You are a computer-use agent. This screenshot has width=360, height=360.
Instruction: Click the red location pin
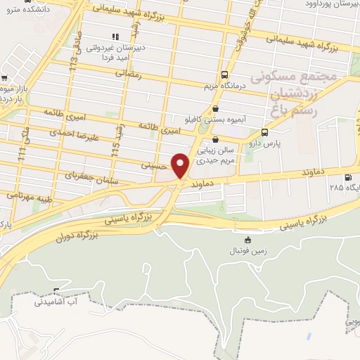pos(181,165)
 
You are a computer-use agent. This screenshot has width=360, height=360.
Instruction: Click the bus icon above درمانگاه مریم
pos(224,75)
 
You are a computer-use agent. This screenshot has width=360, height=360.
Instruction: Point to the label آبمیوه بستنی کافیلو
pos(210,119)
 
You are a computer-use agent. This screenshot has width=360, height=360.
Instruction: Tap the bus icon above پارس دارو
pos(264,132)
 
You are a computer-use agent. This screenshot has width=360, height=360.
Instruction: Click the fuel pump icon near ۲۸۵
pos(347,178)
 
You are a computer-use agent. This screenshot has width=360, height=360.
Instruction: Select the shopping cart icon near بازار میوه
pos(5,79)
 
